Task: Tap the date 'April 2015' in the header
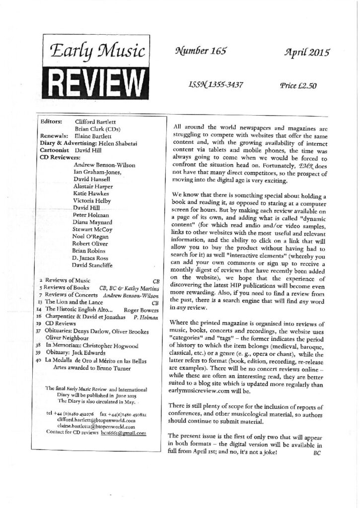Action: pyautogui.click(x=301, y=52)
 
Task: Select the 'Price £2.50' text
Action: pyautogui.click(x=298, y=85)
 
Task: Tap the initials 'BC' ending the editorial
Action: pyautogui.click(x=319, y=453)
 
